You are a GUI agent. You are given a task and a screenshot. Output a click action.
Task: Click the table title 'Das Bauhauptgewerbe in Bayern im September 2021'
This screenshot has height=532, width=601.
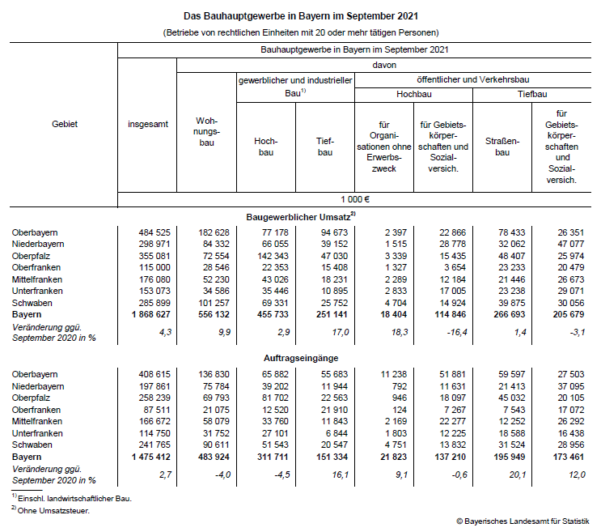coord(300,16)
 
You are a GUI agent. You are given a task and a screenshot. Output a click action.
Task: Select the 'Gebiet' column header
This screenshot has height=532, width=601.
coord(65,124)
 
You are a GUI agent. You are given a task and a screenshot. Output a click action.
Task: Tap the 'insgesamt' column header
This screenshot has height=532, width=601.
coord(148,124)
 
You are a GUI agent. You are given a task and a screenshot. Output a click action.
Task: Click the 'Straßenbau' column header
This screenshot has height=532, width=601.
coord(502,146)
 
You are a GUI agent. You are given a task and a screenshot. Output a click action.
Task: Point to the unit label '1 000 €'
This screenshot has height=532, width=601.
coord(356,199)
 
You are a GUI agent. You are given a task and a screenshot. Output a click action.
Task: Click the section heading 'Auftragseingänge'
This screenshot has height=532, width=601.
coord(301,356)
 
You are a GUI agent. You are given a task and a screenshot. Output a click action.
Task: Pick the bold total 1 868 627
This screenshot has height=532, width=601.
coord(148,313)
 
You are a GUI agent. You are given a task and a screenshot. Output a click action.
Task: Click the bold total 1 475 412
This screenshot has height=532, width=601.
coord(148,456)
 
